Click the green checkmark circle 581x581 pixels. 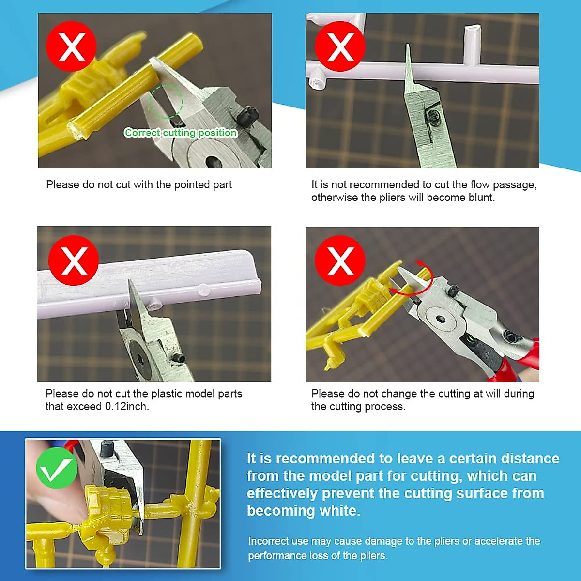[57, 468]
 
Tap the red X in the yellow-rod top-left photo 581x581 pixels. [72, 46]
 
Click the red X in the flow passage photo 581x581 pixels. [340, 46]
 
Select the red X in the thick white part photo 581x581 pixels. [74, 260]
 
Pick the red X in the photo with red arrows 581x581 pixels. [340, 260]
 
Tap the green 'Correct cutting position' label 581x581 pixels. [180, 133]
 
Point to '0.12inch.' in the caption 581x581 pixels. [127, 406]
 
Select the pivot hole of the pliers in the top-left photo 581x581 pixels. [214, 162]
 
